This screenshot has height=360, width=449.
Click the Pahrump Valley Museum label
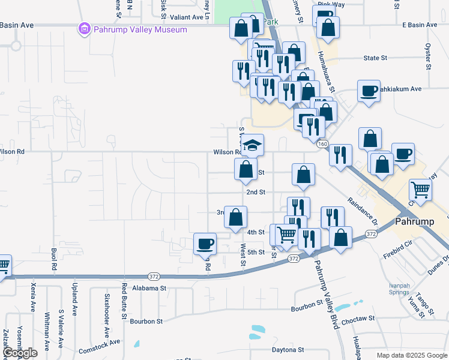coord(140,29)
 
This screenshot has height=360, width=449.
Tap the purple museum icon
coord(84,29)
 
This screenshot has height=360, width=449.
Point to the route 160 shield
coord(322,144)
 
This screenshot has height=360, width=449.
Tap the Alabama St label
coord(149,288)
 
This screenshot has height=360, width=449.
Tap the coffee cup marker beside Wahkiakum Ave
coord(369,91)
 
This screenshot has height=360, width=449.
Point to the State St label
coord(375,58)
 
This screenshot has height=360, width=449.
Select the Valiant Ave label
coord(188,18)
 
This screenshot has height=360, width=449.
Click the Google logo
coord(20,353)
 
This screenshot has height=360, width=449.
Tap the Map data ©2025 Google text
coord(411,355)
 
